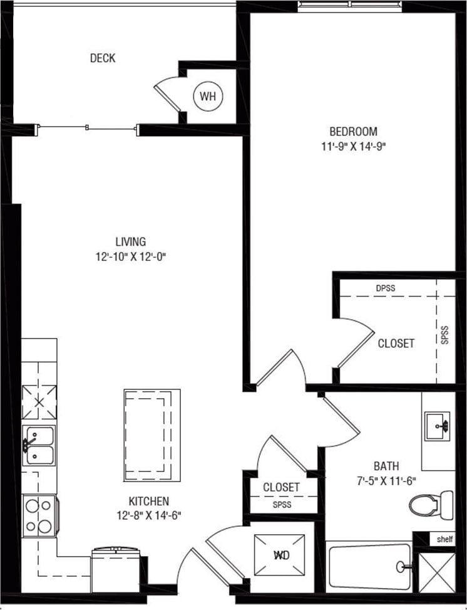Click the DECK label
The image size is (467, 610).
(x=103, y=58)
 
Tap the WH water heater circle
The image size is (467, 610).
(x=207, y=97)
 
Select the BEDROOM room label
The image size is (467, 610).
(x=353, y=132)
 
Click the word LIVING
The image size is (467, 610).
(x=130, y=241)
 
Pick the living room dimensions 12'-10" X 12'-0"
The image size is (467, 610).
(x=130, y=256)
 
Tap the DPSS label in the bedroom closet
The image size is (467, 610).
(x=386, y=288)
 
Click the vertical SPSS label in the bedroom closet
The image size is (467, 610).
(x=445, y=335)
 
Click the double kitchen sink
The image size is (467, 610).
(x=39, y=445)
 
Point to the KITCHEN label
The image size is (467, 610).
(x=148, y=501)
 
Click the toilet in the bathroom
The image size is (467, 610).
(x=431, y=503)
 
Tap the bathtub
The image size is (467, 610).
(x=369, y=567)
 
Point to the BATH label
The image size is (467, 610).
(x=386, y=466)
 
